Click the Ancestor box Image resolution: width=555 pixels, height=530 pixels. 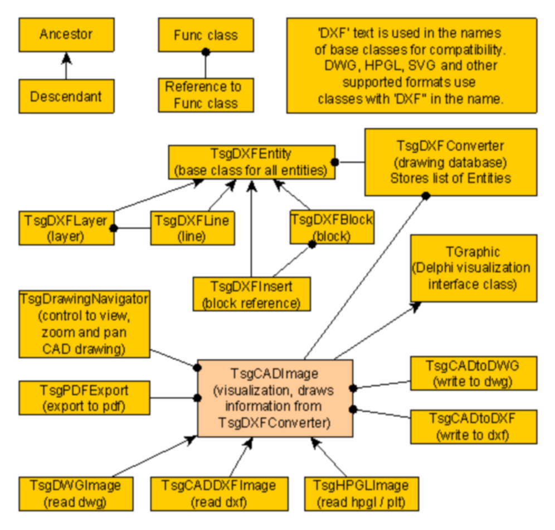(x=66, y=35)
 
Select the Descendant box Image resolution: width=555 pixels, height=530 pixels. (x=66, y=96)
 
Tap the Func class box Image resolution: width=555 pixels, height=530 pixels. (x=206, y=35)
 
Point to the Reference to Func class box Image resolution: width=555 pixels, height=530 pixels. (x=206, y=95)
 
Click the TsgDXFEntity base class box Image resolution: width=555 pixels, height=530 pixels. (x=252, y=162)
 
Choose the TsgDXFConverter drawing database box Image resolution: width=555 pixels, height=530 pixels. (x=451, y=162)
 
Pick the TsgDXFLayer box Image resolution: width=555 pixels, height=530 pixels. (x=66, y=228)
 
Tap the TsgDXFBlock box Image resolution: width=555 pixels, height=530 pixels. (x=332, y=227)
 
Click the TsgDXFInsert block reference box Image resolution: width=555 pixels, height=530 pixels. (x=251, y=294)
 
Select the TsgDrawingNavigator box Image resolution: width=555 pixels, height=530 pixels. (x=84, y=324)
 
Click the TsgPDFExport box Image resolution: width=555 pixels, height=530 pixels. (x=84, y=398)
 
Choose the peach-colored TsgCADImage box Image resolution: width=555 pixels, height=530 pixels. (x=275, y=397)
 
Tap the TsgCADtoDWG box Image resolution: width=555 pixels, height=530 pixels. (x=474, y=374)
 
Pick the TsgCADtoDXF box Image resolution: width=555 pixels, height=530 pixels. (x=474, y=426)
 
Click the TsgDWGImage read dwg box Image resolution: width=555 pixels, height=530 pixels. (x=76, y=493)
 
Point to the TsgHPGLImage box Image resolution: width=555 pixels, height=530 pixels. (x=361, y=493)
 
